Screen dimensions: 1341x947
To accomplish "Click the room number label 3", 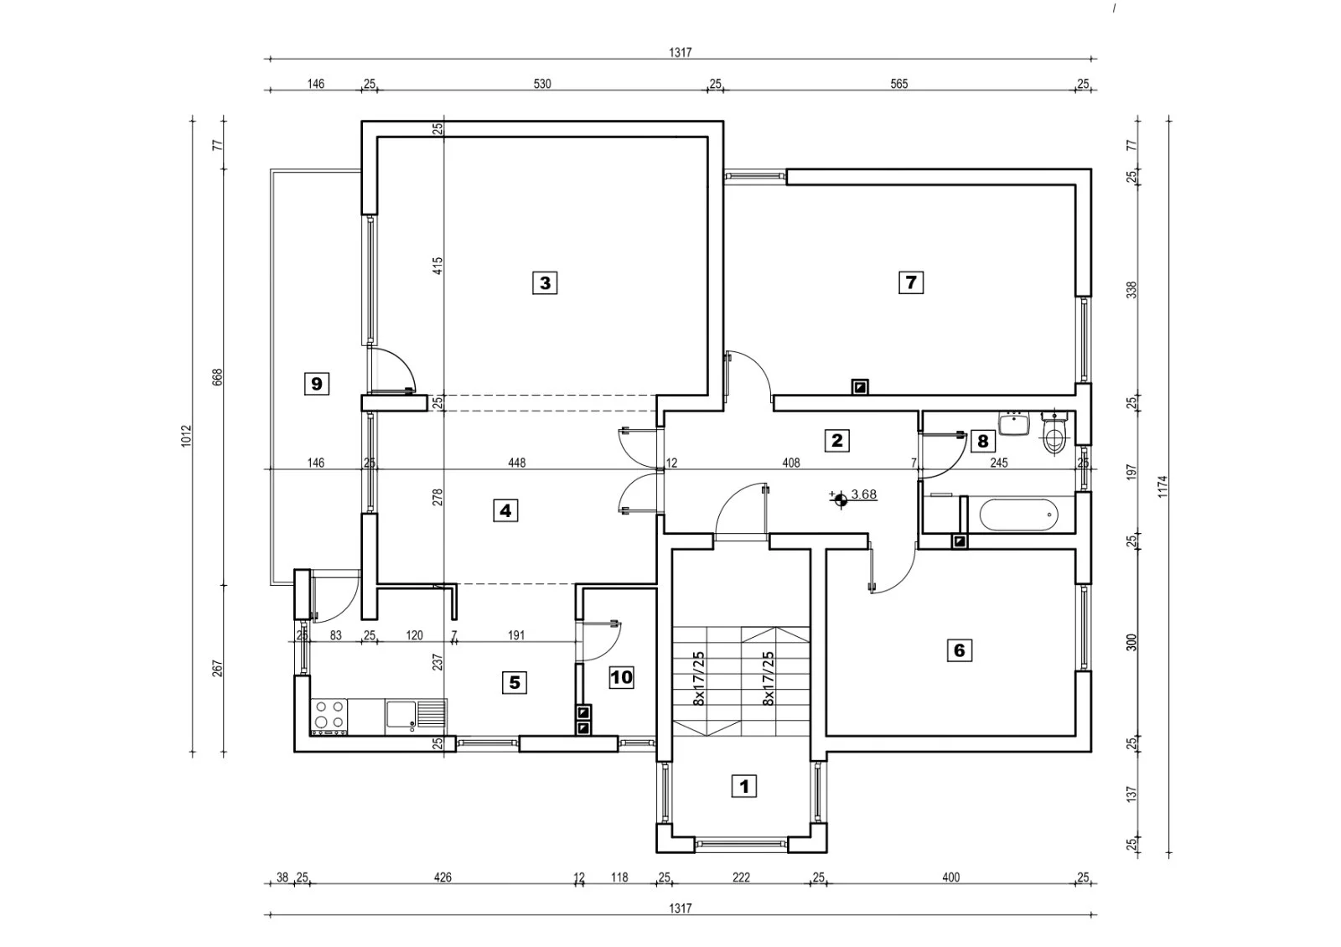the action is pos(545,282).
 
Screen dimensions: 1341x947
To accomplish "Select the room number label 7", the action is pos(910,282).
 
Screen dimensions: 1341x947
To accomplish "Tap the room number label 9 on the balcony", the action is pos(317,383).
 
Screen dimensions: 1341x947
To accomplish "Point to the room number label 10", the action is pos(621,677).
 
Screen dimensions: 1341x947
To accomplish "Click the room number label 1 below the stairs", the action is pos(744,786).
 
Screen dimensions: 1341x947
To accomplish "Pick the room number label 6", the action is pos(959,650).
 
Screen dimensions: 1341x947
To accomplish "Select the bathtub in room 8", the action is pos(1018,515).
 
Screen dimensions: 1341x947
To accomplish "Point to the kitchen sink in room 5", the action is pos(416,715).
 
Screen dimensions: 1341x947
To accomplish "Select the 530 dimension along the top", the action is pos(541,84).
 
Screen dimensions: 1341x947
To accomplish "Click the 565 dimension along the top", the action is pos(898,84).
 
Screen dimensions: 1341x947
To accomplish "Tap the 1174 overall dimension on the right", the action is pos(1162,486).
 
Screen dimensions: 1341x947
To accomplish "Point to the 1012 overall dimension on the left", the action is pos(186,436).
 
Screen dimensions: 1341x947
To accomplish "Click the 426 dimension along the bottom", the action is pos(443,877).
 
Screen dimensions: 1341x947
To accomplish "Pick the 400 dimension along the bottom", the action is pos(950,877).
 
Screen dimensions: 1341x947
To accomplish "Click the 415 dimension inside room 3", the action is pos(438,266).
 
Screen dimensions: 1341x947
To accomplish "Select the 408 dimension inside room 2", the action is pos(791,463).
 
